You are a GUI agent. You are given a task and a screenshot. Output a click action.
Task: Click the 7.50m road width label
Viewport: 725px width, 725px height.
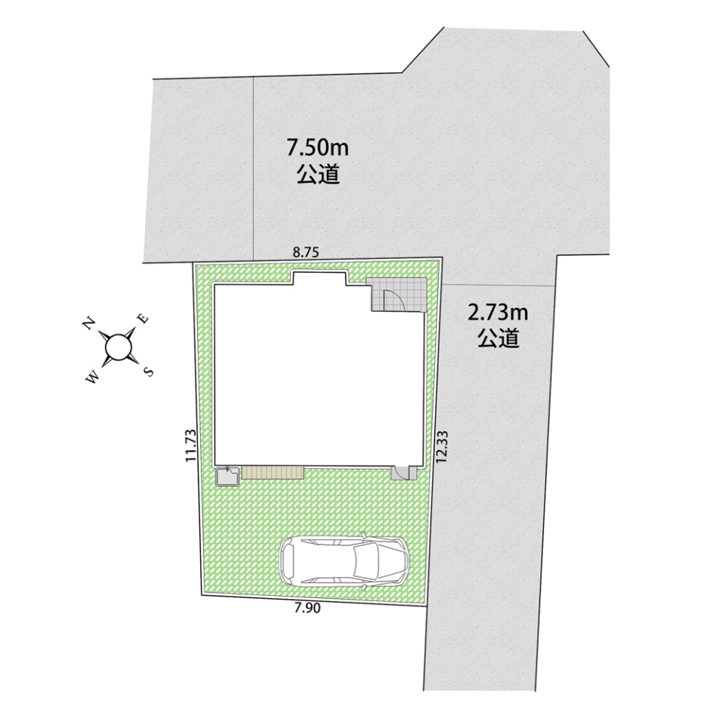point(317,149)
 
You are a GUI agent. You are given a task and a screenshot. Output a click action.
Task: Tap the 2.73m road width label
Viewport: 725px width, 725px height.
point(498,313)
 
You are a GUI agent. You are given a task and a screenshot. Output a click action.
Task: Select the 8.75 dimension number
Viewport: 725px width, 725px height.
point(306,252)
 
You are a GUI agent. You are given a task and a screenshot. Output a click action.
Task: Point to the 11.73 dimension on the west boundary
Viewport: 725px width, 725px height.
point(190,446)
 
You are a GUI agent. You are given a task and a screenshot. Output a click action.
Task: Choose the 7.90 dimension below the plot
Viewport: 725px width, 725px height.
point(307,609)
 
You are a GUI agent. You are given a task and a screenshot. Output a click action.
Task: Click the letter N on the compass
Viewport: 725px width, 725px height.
point(89,323)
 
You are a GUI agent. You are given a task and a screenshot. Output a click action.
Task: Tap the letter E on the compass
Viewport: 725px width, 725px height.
point(143,318)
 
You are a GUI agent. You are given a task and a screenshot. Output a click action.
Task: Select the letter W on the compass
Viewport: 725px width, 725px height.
point(92,378)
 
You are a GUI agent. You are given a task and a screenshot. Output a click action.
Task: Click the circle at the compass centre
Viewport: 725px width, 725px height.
point(118,347)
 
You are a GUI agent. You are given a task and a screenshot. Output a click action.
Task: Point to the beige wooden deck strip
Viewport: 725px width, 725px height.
point(273,472)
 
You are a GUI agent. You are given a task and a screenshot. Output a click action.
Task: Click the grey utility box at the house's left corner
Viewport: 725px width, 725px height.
point(228,477)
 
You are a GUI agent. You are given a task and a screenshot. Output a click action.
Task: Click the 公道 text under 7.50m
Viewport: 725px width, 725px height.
point(318,174)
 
